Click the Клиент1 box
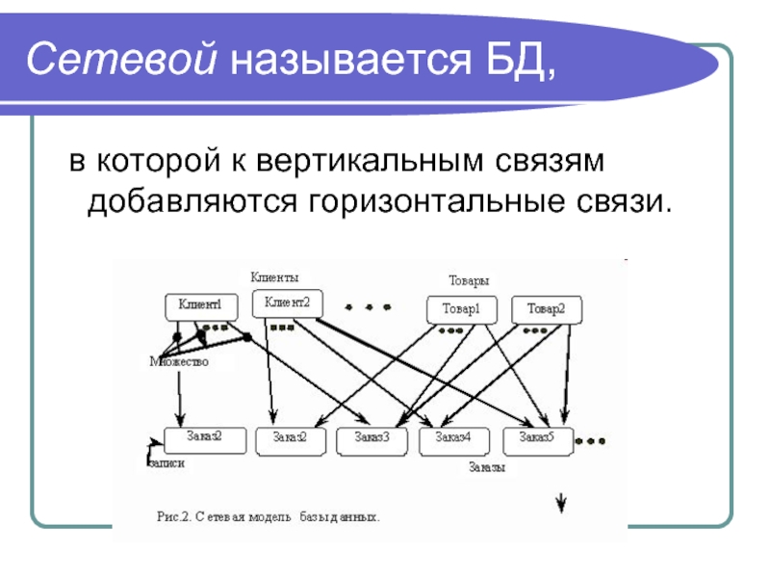(201, 307)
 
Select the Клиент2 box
(287, 303)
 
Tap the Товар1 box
(462, 309)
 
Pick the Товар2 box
(547, 309)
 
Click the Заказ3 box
(372, 441)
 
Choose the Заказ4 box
(453, 441)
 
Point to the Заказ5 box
(538, 441)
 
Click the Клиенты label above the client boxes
(274, 277)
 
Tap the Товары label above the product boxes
(469, 280)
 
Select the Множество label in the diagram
(179, 362)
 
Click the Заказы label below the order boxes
(487, 467)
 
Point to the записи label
(167, 463)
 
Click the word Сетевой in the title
(121, 59)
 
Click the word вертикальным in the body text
(370, 161)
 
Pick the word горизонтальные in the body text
(436, 201)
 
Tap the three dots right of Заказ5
(590, 441)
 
